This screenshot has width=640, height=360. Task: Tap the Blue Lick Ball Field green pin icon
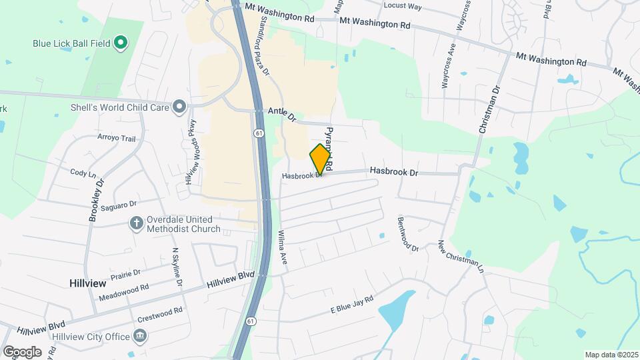tap(121, 43)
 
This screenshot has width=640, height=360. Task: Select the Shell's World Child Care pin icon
tap(179, 106)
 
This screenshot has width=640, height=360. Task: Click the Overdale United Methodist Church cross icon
tap(137, 223)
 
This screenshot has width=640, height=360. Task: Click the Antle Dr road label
tap(281, 115)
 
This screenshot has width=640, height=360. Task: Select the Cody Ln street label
tap(83, 172)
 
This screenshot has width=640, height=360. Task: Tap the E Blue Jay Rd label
tap(351, 306)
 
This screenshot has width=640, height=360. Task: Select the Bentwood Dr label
tap(407, 233)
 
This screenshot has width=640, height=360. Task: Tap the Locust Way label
tap(403, 6)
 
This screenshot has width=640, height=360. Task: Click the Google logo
tap(22, 351)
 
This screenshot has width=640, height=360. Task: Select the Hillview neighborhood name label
tap(87, 283)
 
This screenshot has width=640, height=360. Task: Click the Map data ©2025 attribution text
tap(611, 355)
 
